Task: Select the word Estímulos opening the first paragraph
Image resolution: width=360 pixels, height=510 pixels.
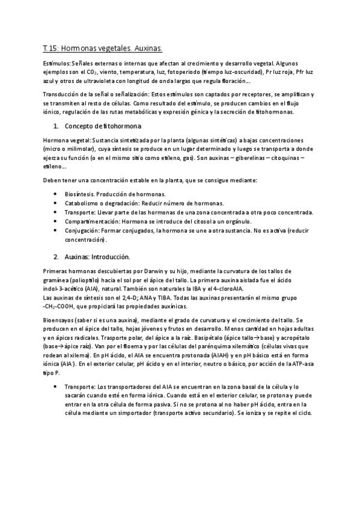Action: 51,63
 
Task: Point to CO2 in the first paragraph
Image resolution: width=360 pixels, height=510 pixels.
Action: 90,71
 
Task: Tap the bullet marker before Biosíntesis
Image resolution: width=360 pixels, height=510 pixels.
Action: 55,194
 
